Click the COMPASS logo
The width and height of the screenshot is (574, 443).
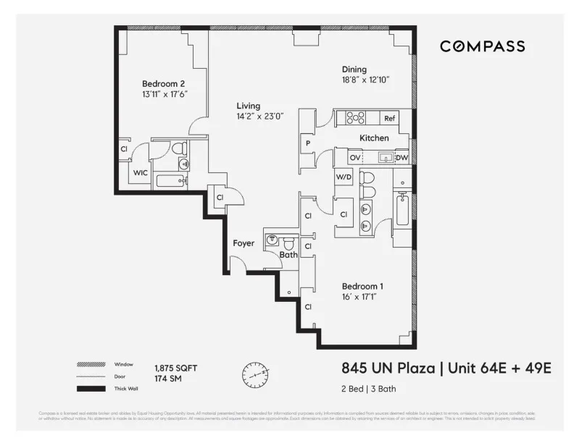pyautogui.click(x=483, y=46)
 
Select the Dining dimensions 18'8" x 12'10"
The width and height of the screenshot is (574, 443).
pyautogui.click(x=366, y=80)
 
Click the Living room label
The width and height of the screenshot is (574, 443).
pyautogui.click(x=248, y=106)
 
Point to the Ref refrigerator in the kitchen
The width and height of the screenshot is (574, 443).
pyautogui.click(x=389, y=118)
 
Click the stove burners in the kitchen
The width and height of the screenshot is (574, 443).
pyautogui.click(x=354, y=118)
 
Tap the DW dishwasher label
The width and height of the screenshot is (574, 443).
pyautogui.click(x=402, y=158)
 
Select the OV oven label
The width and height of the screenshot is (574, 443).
pyautogui.click(x=355, y=158)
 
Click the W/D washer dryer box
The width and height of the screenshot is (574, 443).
pyautogui.click(x=343, y=176)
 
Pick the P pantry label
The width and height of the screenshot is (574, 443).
pyautogui.click(x=307, y=143)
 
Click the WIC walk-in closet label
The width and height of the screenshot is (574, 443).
pyautogui.click(x=140, y=174)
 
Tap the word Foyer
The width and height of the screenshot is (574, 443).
pyautogui.click(x=244, y=243)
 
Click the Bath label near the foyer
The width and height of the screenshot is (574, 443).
pyautogui.click(x=288, y=254)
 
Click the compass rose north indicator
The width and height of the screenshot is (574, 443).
pyautogui.click(x=254, y=375)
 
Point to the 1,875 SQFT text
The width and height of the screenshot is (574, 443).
pyautogui.click(x=175, y=368)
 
